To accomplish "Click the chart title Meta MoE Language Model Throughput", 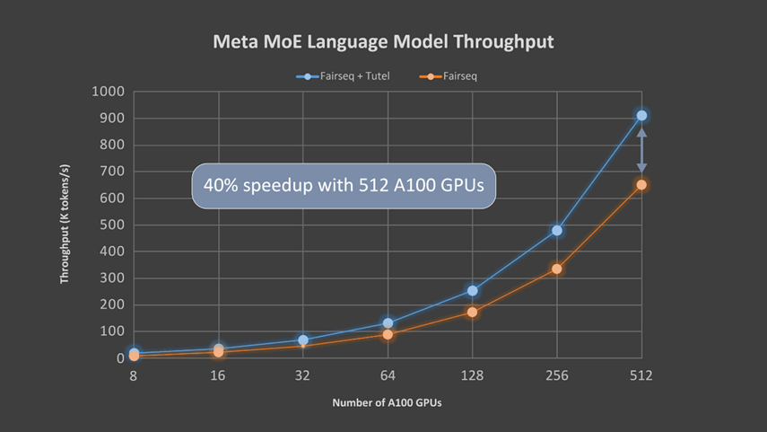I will [x=383, y=42].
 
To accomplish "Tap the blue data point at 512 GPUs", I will [x=641, y=116].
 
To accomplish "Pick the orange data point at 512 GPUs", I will [x=641, y=184].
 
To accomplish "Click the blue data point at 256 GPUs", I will [x=557, y=230].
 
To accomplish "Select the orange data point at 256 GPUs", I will [x=557, y=269].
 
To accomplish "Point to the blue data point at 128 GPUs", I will [x=472, y=290].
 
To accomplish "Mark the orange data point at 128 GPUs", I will [x=472, y=312].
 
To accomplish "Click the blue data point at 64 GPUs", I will [x=388, y=322].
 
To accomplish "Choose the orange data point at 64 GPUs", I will [x=388, y=334].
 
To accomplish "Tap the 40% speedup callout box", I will [x=344, y=186].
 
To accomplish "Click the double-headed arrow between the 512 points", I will [x=641, y=150].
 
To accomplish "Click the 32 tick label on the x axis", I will [x=303, y=376].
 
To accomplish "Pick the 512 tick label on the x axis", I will [x=641, y=376].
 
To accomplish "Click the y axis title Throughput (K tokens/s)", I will [x=65, y=225].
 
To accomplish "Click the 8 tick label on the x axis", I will [x=134, y=376].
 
